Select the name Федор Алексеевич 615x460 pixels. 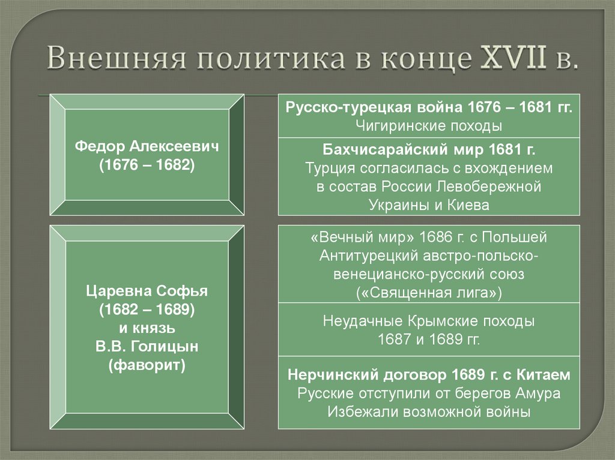147,147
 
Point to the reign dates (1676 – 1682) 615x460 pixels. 147,166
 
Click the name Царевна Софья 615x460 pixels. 147,293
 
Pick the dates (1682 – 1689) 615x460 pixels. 147,311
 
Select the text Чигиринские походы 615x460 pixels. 429,126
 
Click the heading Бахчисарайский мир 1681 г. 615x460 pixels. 429,150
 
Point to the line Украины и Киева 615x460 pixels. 429,205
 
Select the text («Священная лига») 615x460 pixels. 429,293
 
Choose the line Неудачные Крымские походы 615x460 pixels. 429,321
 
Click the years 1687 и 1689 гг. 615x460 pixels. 429,339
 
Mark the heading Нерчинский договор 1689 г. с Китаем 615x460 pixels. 429,375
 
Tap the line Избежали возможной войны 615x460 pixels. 429,412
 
